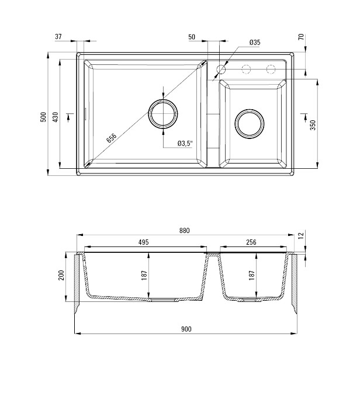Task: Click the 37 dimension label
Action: coord(58,37)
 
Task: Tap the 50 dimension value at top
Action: coord(192,37)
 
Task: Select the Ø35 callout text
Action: coord(255,43)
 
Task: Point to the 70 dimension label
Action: coord(302,37)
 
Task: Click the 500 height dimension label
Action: coord(43,117)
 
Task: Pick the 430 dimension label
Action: coord(56,117)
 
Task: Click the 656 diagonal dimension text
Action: coord(111,138)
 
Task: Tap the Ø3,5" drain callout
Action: coord(185,143)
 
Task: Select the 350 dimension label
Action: coord(313,125)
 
